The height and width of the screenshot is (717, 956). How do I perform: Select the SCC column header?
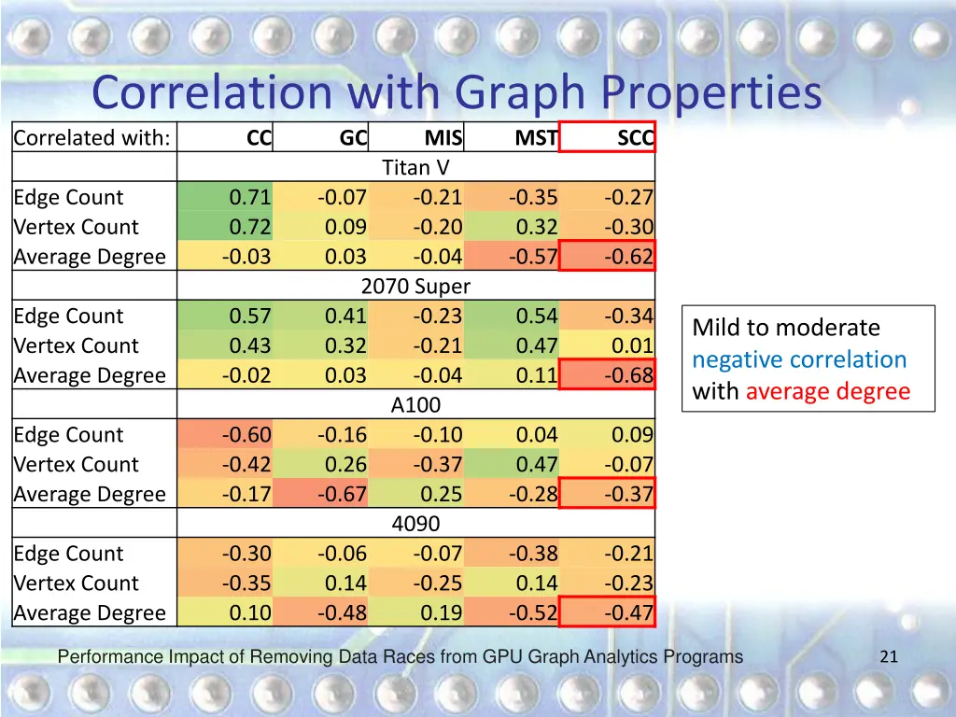[x=635, y=139]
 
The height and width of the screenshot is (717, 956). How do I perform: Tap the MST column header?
[x=536, y=139]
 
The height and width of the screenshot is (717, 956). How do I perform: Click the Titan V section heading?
[x=415, y=168]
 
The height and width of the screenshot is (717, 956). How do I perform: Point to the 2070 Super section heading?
[x=415, y=287]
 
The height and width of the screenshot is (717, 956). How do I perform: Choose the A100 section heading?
[x=415, y=405]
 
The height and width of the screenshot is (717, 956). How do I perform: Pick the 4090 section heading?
[x=415, y=524]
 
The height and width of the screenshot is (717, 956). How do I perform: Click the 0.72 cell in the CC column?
[x=250, y=227]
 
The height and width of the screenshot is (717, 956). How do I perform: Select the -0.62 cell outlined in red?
[x=628, y=257]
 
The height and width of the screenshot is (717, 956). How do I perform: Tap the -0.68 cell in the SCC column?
[x=628, y=375]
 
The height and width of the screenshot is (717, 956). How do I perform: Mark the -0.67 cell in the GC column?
[x=342, y=494]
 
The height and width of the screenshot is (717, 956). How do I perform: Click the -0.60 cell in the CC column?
[x=246, y=435]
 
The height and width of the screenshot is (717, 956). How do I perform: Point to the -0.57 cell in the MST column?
[x=533, y=257]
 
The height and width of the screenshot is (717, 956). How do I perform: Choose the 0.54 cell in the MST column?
[x=537, y=316]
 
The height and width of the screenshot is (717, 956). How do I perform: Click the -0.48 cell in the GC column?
[x=342, y=612]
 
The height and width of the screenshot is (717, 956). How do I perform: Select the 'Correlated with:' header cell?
[x=92, y=139]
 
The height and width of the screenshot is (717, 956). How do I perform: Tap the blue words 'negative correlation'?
[x=799, y=359]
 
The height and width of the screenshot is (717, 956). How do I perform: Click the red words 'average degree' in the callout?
[x=827, y=391]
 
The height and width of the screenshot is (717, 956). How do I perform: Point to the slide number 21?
[x=889, y=657]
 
